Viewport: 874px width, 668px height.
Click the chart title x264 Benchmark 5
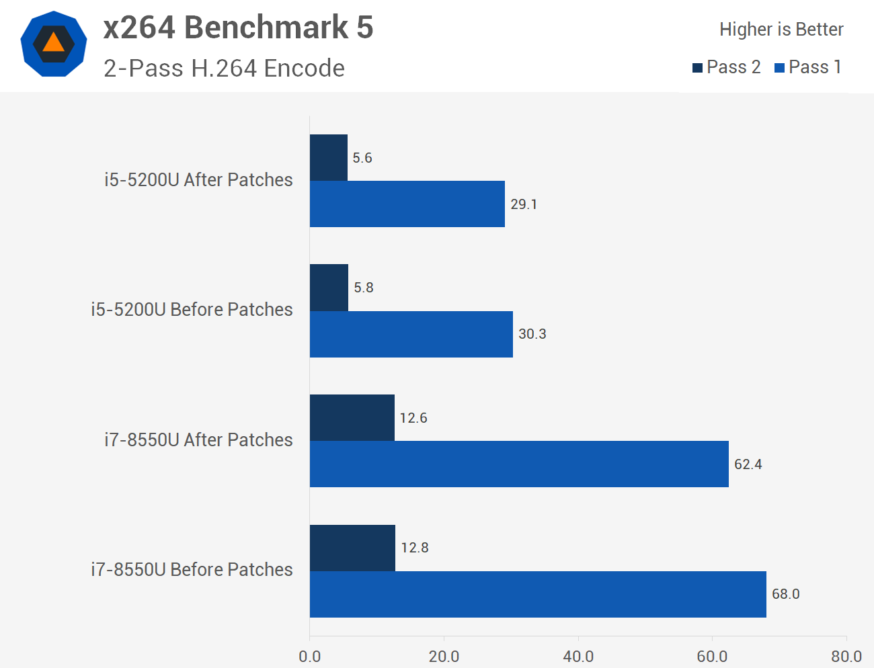click(238, 28)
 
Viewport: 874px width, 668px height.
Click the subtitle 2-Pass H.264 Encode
click(224, 69)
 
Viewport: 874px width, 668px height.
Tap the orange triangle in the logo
click(54, 44)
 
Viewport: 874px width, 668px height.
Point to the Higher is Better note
click(781, 30)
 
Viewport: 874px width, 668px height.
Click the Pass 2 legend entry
click(726, 67)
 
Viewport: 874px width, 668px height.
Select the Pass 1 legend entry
click(807, 67)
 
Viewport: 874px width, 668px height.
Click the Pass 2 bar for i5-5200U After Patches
click(329, 158)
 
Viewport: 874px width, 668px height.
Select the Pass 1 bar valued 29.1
click(407, 204)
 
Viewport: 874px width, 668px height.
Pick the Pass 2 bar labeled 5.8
click(329, 288)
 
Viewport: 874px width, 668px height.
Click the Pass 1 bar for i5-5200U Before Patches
click(411, 334)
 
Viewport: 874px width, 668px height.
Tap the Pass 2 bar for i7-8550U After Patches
click(352, 418)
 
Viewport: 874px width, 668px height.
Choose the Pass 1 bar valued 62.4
click(519, 464)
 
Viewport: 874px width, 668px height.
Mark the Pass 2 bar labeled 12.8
click(353, 548)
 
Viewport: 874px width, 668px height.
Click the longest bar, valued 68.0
click(538, 594)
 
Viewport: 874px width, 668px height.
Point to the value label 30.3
click(532, 334)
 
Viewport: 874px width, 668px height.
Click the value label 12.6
click(413, 418)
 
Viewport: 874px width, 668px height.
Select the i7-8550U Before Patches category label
click(192, 569)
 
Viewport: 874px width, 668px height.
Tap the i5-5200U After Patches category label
click(198, 179)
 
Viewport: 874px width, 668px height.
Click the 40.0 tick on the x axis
click(578, 656)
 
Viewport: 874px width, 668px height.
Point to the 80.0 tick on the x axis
click(846, 656)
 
